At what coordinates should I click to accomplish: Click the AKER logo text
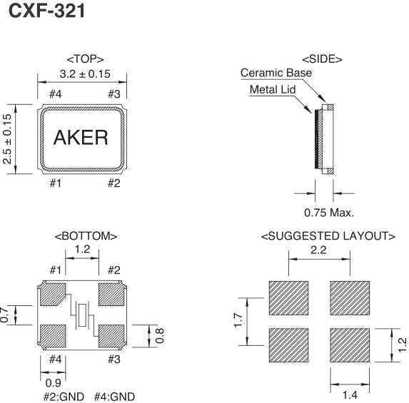[81, 138]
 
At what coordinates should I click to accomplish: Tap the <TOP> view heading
[83, 58]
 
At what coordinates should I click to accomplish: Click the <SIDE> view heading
[322, 58]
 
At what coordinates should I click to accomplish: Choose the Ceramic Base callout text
[276, 73]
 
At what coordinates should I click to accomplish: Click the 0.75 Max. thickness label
[325, 211]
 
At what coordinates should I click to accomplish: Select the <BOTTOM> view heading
[83, 236]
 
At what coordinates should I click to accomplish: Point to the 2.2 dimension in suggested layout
[319, 250]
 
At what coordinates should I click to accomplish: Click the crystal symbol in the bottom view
[84, 313]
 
